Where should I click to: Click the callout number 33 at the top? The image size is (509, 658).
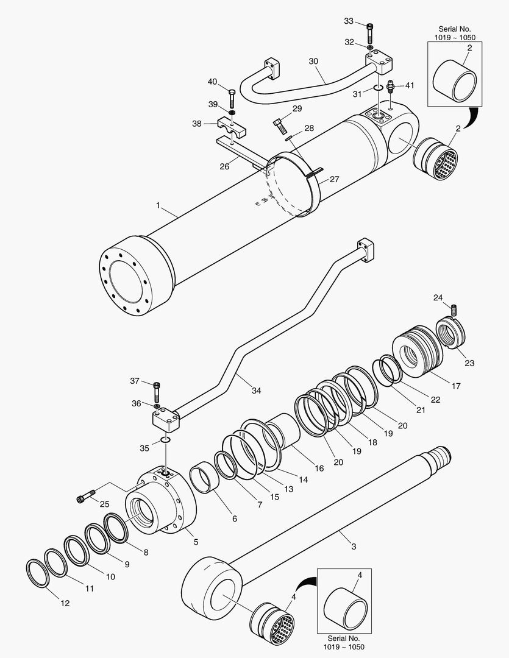point(349,21)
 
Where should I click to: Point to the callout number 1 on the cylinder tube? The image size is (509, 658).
point(158,206)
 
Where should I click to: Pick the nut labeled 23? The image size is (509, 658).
point(451,336)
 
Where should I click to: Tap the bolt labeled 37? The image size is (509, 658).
point(158,387)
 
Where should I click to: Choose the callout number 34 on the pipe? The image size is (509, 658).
point(256,391)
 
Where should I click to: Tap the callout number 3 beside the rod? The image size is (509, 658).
point(354,546)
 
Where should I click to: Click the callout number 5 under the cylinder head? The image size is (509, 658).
point(196,541)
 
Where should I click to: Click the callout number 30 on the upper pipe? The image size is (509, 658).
point(314,62)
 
